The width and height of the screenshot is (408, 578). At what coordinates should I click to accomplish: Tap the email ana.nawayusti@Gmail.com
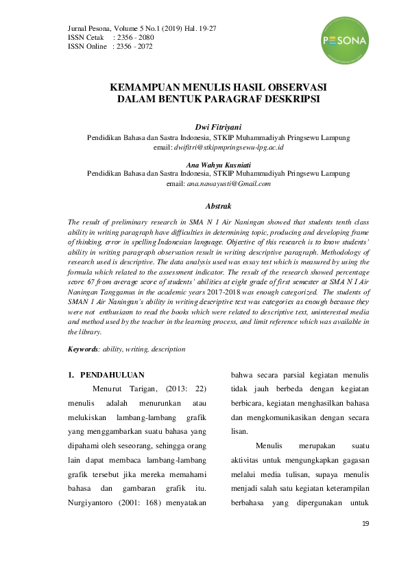(228, 184)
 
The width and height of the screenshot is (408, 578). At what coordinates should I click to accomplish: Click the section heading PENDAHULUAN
(112, 375)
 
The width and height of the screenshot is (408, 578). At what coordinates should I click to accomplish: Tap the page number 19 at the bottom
(365, 524)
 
